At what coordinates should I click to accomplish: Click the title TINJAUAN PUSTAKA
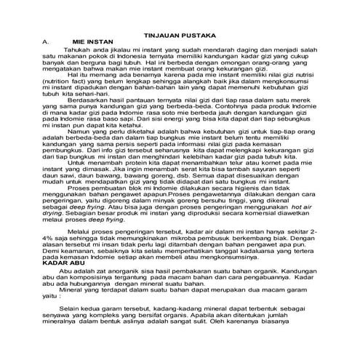pyautogui.click(x=180, y=35)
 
